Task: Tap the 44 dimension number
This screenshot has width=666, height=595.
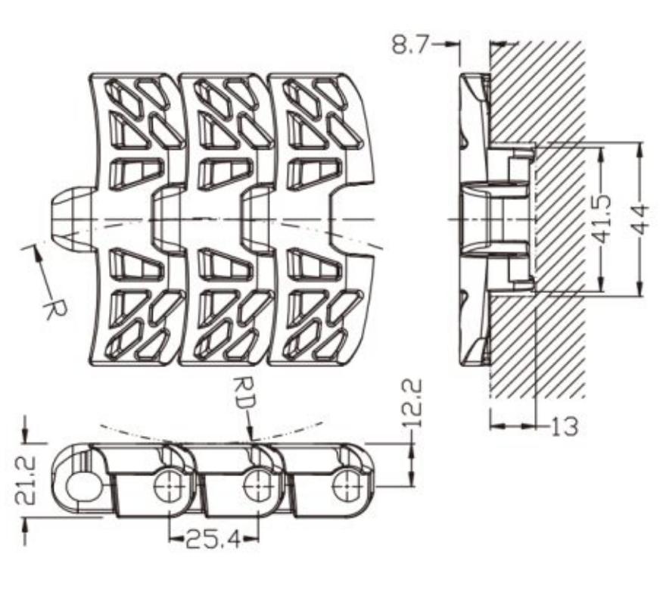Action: coord(640,219)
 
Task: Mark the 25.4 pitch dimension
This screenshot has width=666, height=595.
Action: coord(213,539)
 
